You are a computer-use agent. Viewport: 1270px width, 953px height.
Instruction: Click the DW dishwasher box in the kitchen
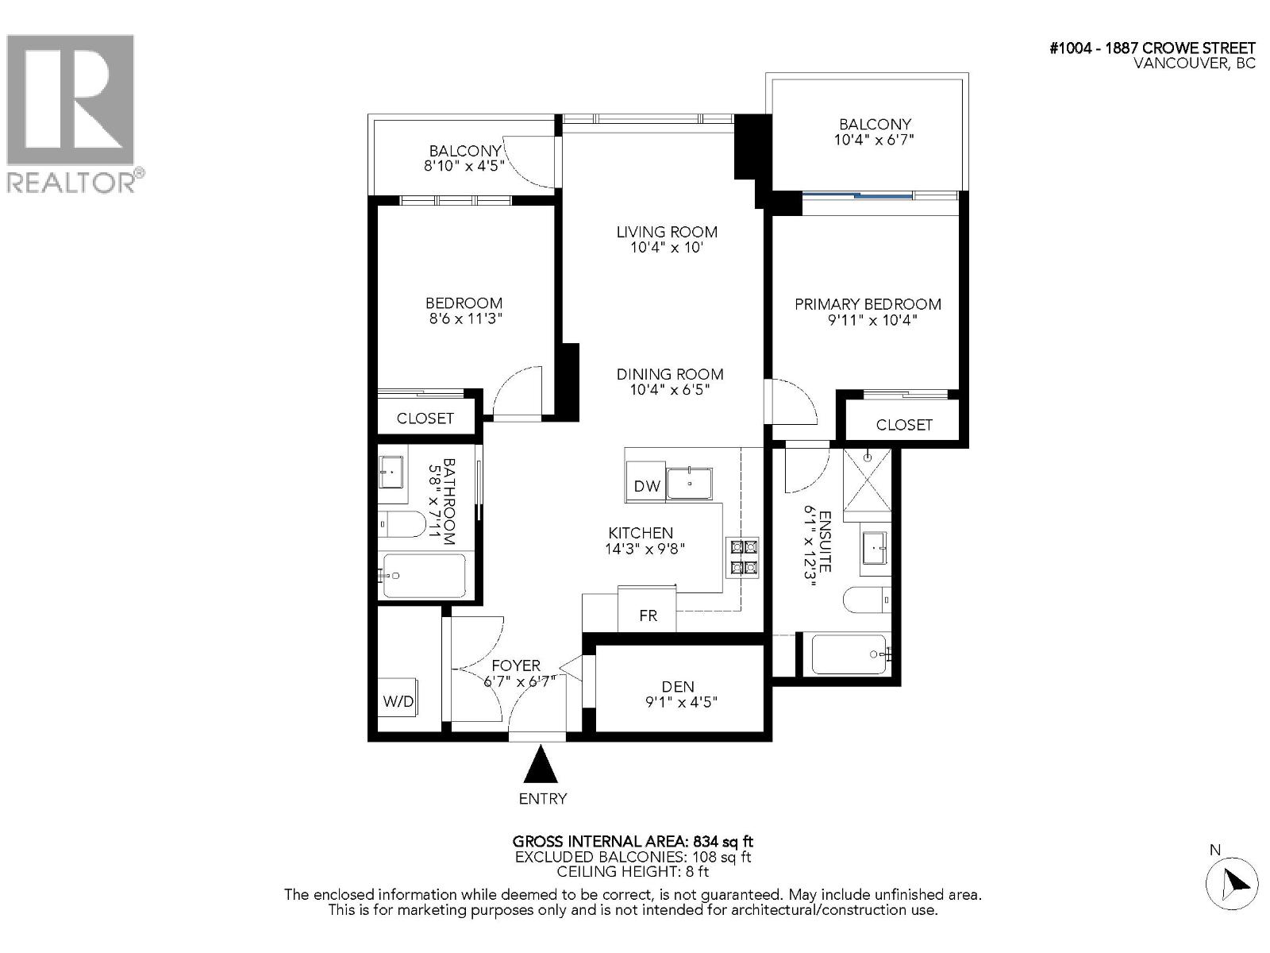point(647,486)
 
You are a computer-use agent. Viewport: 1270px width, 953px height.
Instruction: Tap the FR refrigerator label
point(648,615)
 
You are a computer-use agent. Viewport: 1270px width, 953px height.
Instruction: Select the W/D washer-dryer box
point(398,700)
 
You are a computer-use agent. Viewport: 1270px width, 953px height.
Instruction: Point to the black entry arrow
point(542,766)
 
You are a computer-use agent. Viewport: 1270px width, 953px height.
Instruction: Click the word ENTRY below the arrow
point(543,799)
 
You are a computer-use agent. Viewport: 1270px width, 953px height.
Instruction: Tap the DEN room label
point(678,686)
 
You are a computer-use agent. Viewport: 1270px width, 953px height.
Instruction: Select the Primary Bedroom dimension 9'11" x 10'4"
point(868,320)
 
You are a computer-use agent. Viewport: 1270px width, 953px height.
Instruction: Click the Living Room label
point(667,232)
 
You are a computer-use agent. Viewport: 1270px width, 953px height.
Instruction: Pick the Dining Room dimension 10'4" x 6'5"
point(669,390)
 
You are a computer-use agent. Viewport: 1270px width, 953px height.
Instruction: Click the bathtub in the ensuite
point(848,654)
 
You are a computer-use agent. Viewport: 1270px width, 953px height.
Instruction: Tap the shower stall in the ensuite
point(867,480)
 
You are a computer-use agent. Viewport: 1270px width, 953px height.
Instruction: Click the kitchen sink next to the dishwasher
point(689,483)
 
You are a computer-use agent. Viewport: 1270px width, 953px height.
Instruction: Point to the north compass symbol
point(1231,882)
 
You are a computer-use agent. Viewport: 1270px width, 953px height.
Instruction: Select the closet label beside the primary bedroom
point(904,425)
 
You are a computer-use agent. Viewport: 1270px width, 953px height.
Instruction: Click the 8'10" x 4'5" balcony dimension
point(464,166)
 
